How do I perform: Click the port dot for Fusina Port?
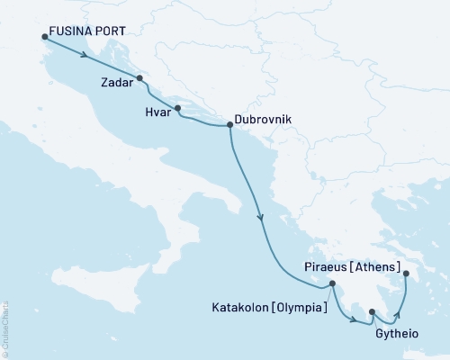(x=44, y=37)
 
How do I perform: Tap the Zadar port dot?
(x=139, y=77)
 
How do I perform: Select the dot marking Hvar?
(x=177, y=109)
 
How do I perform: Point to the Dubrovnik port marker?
(x=229, y=126)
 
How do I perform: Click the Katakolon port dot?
(x=333, y=285)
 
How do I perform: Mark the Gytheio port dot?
(x=372, y=312)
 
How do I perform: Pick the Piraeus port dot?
(x=406, y=274)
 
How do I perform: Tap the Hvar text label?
(x=157, y=114)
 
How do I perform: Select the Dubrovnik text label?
(x=263, y=118)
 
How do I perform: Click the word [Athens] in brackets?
(x=374, y=266)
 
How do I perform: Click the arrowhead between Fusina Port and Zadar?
(x=84, y=55)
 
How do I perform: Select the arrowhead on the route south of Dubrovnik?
(x=260, y=217)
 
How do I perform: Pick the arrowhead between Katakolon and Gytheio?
(x=352, y=318)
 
